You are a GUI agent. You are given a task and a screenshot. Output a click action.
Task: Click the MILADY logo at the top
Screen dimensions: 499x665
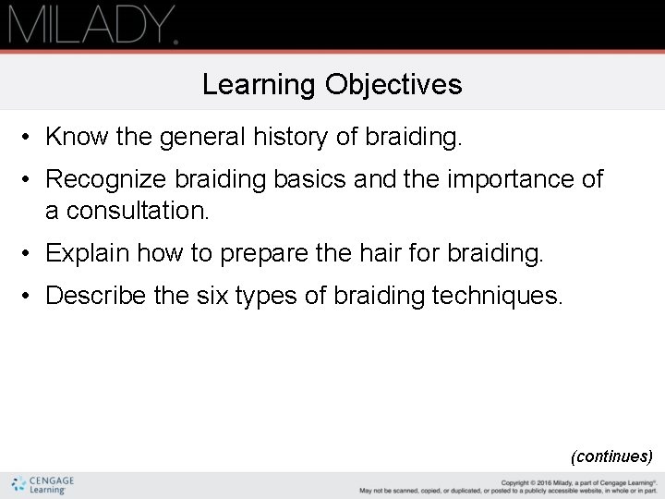click(x=92, y=24)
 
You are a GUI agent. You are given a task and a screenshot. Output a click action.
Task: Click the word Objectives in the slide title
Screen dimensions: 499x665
click(x=393, y=85)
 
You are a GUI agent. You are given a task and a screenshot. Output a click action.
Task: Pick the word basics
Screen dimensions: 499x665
click(x=309, y=178)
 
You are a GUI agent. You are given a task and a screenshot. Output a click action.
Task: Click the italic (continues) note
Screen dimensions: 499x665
click(x=611, y=456)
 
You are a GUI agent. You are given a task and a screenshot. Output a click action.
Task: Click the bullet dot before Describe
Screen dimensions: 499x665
click(x=30, y=296)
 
